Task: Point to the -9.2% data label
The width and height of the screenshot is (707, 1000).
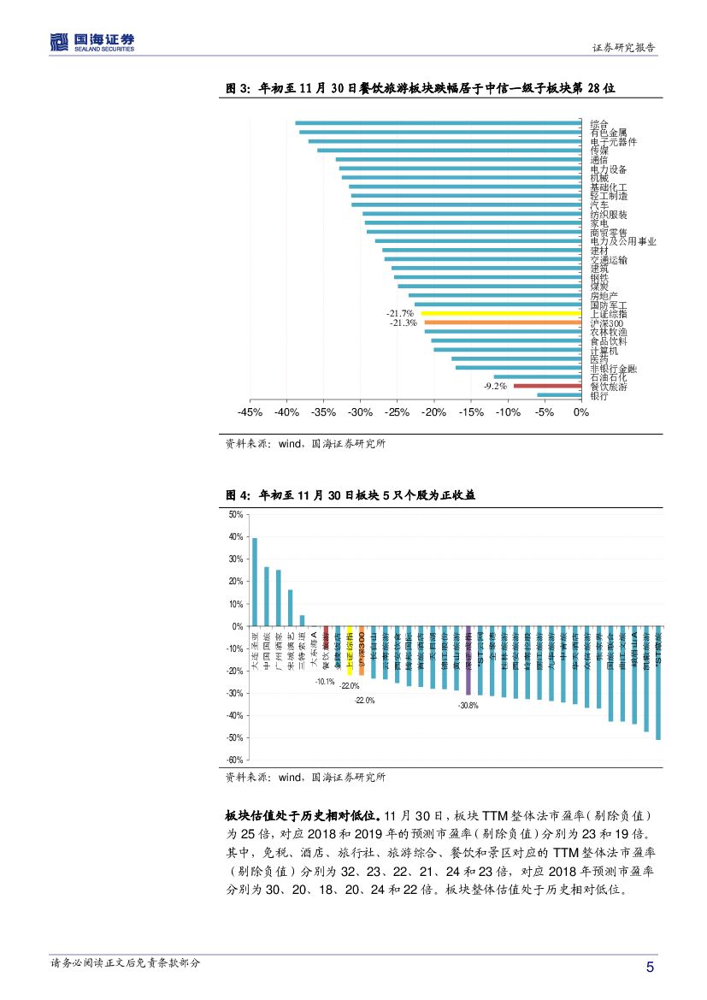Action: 495,386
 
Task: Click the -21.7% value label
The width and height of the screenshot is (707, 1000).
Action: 400,313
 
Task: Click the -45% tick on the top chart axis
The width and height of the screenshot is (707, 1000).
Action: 250,412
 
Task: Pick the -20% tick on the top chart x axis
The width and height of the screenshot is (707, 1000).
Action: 433,412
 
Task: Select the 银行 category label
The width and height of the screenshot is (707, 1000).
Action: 599,396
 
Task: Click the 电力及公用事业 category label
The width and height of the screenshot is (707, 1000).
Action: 623,241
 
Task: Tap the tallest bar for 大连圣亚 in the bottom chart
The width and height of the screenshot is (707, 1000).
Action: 255,582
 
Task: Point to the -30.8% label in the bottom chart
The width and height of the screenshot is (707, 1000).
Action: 468,705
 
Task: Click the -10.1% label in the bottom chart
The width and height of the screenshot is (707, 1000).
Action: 325,681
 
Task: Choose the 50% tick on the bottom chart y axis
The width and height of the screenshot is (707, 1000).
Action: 236,515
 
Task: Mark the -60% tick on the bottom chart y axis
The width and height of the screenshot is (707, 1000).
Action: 234,760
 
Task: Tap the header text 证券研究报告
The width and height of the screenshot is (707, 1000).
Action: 624,48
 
